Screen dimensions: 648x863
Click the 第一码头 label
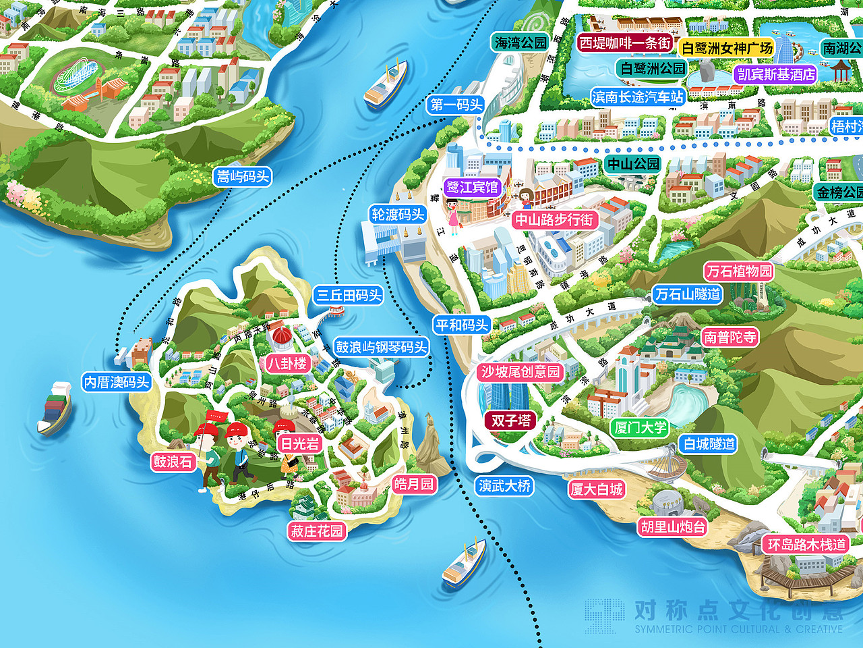coord(456,105)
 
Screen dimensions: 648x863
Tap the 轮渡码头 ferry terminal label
coord(398,215)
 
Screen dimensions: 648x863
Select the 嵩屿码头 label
coord(243,177)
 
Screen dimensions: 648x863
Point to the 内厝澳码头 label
coord(117,382)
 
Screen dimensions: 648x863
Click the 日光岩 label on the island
coord(300,443)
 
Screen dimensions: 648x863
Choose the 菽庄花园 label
coord(317,531)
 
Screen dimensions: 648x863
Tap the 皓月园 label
coord(414,484)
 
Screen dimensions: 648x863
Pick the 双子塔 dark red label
coord(511,421)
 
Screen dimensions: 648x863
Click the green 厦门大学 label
coord(640,427)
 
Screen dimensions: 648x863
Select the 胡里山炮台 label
coord(672,526)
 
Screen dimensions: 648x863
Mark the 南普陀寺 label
coord(730,337)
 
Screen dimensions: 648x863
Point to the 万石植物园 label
coord(739,271)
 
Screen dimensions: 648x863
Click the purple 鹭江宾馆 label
coord(472,187)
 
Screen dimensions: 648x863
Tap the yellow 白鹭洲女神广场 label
coord(727,48)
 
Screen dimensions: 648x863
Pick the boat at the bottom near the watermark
coord(463,564)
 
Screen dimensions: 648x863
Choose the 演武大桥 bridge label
coord(504,486)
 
